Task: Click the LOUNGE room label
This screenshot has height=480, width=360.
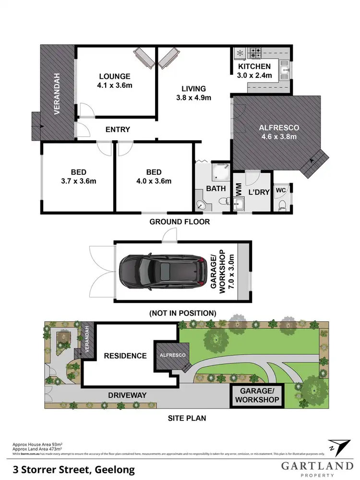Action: [x=115, y=76]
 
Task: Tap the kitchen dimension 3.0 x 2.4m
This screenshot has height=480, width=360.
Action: [x=254, y=75]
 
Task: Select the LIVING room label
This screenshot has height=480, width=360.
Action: [x=193, y=88]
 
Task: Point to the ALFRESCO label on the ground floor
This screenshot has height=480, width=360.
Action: [x=279, y=128]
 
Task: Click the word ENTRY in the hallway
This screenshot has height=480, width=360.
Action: [x=118, y=130]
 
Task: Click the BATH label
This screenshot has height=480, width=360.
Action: [x=216, y=188]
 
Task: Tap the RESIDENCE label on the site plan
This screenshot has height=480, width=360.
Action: [x=125, y=356]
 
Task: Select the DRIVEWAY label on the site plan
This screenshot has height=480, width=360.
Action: [x=127, y=395]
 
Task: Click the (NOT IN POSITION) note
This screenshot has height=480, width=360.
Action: [x=182, y=312]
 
